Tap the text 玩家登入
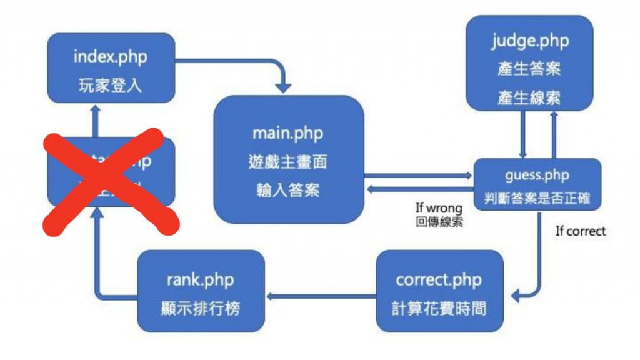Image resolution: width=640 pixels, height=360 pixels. [x=111, y=84]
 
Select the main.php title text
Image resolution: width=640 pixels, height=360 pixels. [x=288, y=133]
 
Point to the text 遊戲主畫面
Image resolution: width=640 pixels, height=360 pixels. [x=288, y=162]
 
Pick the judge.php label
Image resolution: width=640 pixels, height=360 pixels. [x=529, y=41]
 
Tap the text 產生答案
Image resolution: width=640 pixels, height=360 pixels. [x=529, y=69]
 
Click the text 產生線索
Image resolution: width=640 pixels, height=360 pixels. [x=529, y=97]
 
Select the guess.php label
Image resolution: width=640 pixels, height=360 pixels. [x=537, y=176]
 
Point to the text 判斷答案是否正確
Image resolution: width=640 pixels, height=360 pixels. [x=537, y=199]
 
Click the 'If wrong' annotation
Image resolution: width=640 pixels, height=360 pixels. [x=439, y=208]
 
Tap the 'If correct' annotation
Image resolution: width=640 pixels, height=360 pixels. [x=581, y=231]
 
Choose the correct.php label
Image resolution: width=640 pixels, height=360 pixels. [x=439, y=279]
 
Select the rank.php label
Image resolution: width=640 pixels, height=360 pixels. [x=201, y=279]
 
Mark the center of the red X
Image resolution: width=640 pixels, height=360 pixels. [x=110, y=181]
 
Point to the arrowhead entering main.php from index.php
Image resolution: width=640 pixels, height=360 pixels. [x=286, y=86]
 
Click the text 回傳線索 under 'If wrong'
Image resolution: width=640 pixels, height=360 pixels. [x=439, y=222]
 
